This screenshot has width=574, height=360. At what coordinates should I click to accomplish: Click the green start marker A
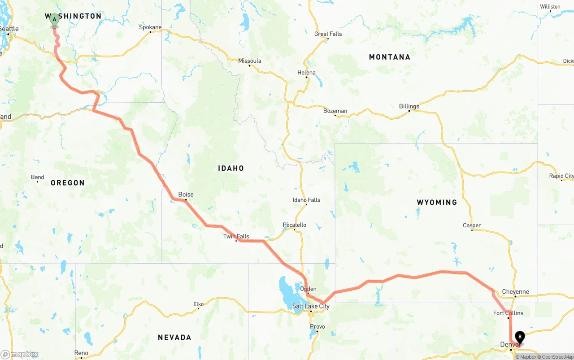(54, 20)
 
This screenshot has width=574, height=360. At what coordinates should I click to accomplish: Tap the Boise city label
(186, 195)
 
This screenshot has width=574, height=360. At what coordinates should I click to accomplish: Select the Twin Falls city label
(236, 236)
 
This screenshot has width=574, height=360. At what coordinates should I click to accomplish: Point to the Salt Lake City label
(311, 306)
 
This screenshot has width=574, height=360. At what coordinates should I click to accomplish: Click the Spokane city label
(150, 27)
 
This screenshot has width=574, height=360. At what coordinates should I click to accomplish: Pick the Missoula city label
(249, 61)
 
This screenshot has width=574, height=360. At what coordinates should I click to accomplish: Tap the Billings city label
(409, 106)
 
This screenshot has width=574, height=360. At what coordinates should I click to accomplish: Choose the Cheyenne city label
(515, 292)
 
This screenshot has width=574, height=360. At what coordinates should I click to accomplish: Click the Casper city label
(472, 226)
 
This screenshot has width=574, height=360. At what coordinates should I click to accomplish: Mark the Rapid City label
(561, 176)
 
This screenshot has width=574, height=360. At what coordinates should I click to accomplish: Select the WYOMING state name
(437, 202)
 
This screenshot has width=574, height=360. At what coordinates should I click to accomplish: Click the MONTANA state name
(389, 57)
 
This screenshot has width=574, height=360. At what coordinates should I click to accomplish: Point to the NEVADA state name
(174, 337)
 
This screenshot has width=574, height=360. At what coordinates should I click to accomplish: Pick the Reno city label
(81, 353)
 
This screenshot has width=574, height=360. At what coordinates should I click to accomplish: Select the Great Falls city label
(328, 34)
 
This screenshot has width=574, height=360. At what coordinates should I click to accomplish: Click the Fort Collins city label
(508, 313)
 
